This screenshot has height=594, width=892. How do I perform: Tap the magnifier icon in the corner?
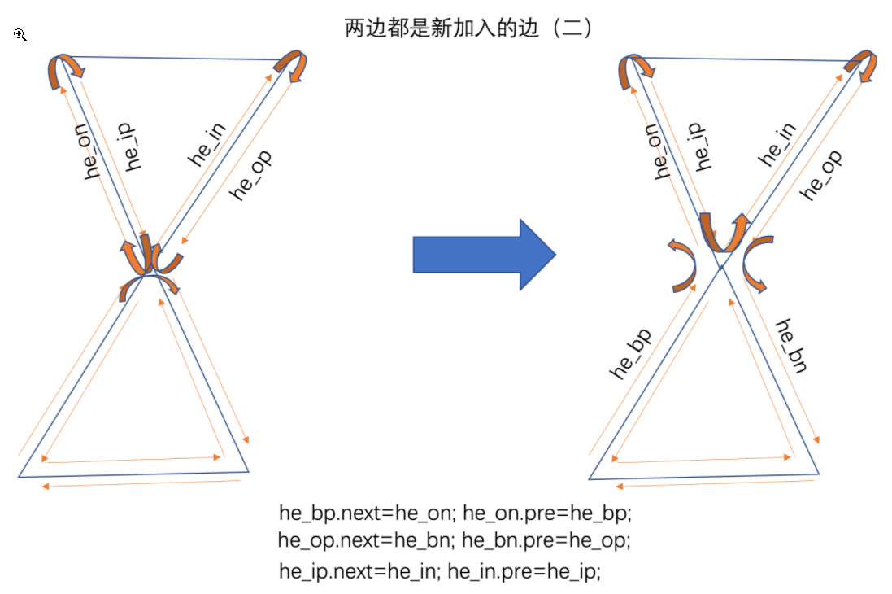point(20,35)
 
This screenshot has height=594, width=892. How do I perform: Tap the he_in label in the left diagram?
point(207,143)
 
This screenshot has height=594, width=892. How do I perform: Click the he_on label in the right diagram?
point(664,151)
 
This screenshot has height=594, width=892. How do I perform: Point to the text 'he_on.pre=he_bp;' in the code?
point(546,513)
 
